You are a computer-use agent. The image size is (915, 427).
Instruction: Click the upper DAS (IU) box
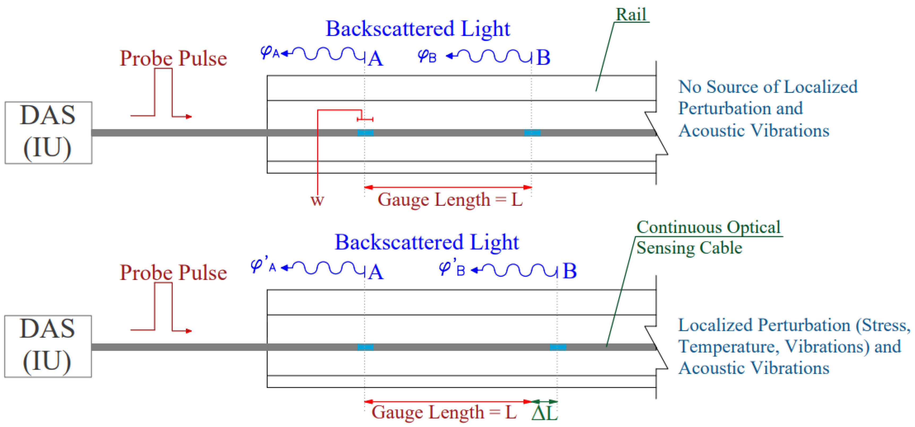tap(48, 133)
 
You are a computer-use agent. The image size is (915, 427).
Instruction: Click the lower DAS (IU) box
tap(48, 346)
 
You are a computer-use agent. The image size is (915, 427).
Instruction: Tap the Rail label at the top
tap(631, 15)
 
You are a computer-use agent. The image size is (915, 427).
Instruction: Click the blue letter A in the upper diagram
tap(376, 59)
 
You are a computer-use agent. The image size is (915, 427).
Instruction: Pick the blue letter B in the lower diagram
tap(569, 271)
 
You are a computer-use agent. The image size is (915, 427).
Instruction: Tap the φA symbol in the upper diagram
tap(270, 53)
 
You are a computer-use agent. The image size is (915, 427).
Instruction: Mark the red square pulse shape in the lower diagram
tap(163, 307)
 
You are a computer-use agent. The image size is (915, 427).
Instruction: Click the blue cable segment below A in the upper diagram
tap(365, 133)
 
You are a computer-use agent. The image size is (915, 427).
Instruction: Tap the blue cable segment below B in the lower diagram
tap(558, 347)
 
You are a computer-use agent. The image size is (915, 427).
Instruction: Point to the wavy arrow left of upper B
tap(488, 56)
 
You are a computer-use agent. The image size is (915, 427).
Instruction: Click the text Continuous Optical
tap(708, 227)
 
